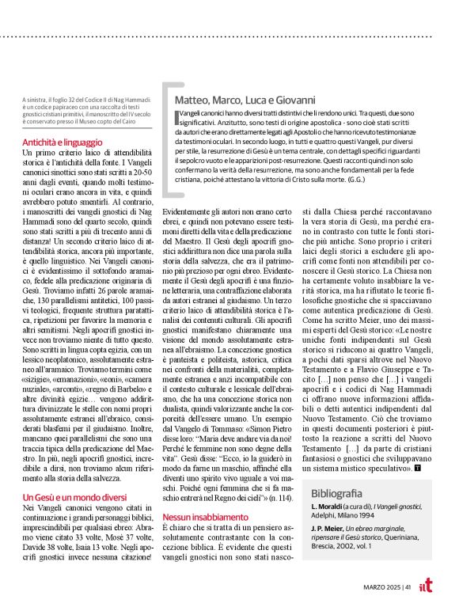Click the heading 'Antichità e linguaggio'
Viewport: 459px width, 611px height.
pyautogui.click(x=62, y=142)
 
